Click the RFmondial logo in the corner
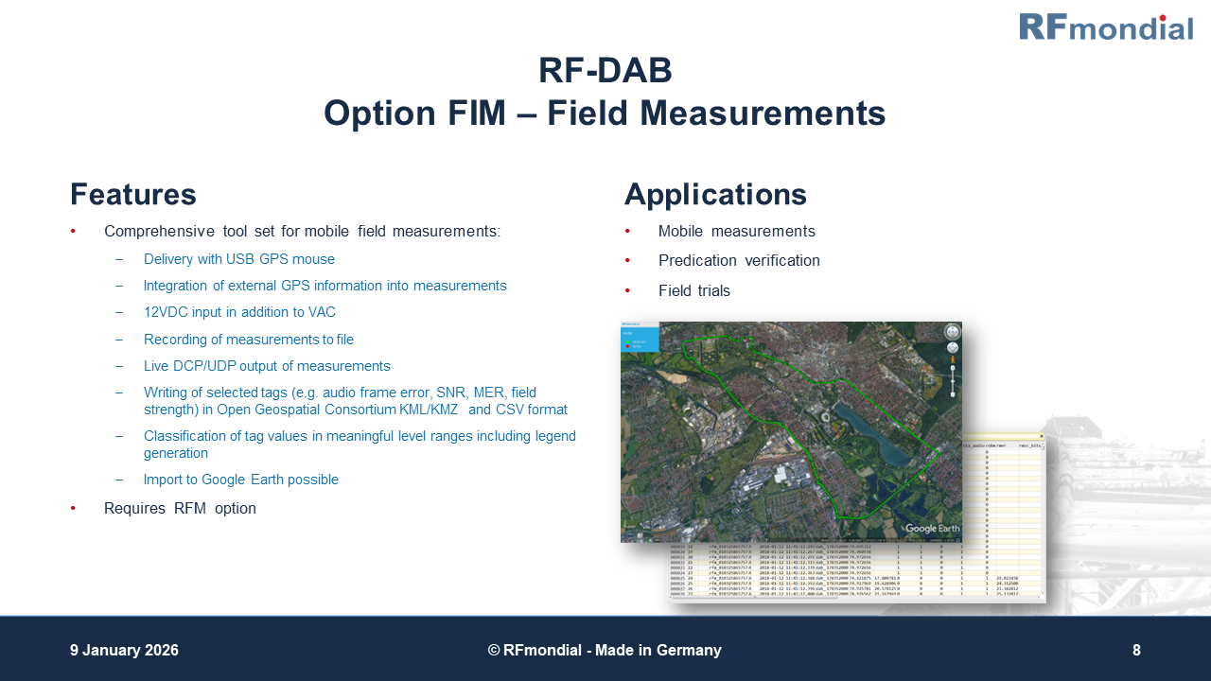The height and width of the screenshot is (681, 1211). point(1105,26)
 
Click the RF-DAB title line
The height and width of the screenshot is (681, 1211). point(605,71)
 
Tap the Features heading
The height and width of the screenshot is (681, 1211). point(133,195)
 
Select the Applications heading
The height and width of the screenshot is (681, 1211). point(715,195)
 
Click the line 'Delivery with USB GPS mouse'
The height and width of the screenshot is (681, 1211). point(239,259)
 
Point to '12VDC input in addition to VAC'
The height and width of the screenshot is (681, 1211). point(239,312)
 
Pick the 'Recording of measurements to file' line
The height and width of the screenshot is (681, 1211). point(249,339)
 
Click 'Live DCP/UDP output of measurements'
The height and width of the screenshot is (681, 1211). point(267,366)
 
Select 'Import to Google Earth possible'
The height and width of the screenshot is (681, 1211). point(241,480)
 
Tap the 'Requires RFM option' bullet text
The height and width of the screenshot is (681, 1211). point(180,508)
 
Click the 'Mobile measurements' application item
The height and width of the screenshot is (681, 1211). point(736,232)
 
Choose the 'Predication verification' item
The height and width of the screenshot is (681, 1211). point(739,261)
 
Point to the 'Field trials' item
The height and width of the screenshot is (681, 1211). point(694,291)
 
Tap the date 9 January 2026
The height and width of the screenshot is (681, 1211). point(124,651)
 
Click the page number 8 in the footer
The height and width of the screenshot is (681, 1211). point(1136,651)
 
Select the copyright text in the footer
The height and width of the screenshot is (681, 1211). point(605,651)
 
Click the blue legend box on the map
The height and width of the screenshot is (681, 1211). point(639,340)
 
